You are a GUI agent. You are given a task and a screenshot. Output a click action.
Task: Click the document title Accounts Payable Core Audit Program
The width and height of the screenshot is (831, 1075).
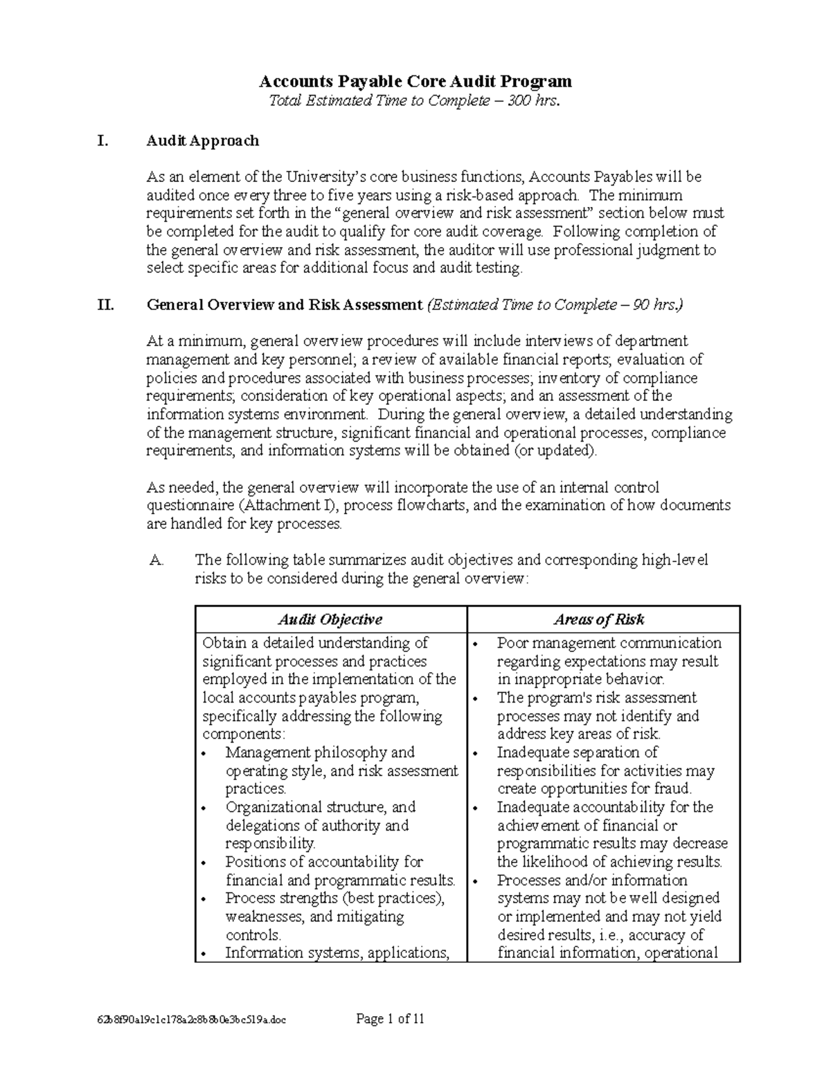point(415,82)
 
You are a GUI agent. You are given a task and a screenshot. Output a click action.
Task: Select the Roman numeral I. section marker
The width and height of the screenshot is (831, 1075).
point(103,141)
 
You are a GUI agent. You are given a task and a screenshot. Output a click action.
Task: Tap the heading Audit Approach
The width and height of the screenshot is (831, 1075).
point(202,141)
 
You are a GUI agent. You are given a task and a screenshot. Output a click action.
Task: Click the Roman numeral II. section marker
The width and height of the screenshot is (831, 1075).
point(105,305)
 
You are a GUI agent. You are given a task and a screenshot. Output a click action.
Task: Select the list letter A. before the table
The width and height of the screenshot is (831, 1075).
point(157,560)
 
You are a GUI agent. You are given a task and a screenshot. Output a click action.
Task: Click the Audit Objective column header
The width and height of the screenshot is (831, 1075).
point(330,620)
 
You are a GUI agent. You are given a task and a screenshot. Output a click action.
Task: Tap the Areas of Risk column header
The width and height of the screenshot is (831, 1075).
point(599,620)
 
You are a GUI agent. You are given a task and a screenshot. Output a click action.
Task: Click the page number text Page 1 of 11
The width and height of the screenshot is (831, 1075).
point(390,1018)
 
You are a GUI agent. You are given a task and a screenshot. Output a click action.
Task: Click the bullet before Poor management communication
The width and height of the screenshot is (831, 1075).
point(476,644)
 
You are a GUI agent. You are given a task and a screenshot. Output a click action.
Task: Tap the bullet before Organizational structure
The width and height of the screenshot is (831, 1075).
point(203,808)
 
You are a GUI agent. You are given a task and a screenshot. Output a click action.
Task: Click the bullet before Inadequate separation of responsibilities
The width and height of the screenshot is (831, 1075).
point(476,754)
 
